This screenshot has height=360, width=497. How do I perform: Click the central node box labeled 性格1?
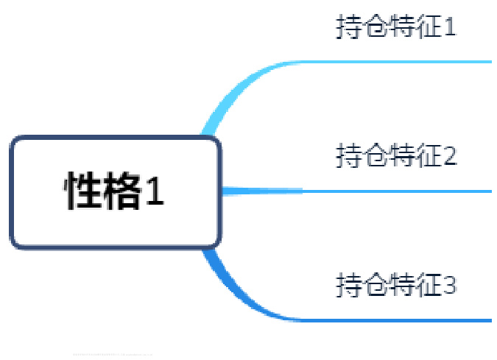point(116,192)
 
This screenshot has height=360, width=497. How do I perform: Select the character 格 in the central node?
point(121,192)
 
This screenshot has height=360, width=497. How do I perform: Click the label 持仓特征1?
point(396,27)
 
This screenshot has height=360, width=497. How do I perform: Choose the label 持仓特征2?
point(396,155)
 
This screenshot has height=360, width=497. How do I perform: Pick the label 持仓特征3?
point(396,283)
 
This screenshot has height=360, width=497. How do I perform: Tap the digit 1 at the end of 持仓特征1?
point(450,28)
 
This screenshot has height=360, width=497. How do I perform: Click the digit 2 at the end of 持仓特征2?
point(450,156)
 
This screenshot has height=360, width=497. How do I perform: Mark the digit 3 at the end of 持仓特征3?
point(450,284)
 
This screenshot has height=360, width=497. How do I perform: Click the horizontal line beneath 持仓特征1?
point(398,62)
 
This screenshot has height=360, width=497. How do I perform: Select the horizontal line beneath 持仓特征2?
point(398,191)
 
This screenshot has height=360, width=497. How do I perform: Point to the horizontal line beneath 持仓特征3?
point(398,320)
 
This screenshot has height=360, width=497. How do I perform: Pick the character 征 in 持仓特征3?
point(429,283)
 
